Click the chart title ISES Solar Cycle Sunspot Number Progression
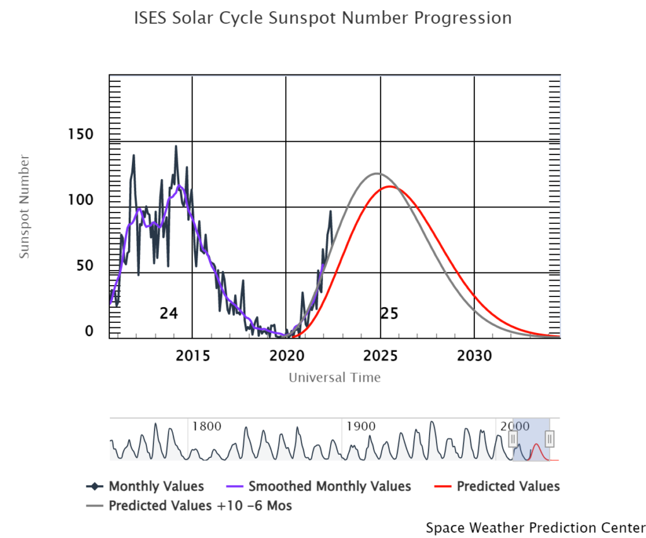pyautogui.click(x=322, y=18)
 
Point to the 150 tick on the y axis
pyautogui.click(x=81, y=134)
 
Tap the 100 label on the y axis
pyautogui.click(x=81, y=200)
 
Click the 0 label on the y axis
pyautogui.click(x=89, y=331)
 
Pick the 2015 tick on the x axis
pyautogui.click(x=192, y=356)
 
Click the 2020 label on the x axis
pyautogui.click(x=286, y=356)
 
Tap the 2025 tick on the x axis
pyautogui.click(x=380, y=356)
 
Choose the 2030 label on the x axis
pyautogui.click(x=474, y=356)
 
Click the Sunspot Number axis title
pyautogui.click(x=24, y=206)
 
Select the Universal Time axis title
pyautogui.click(x=334, y=378)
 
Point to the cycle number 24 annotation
pyautogui.click(x=168, y=313)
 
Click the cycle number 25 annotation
pyautogui.click(x=389, y=313)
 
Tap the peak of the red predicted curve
pyautogui.click(x=390, y=187)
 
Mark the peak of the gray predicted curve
pyautogui.click(x=377, y=173)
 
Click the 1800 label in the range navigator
pyautogui.click(x=206, y=426)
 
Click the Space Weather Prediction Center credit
pyautogui.click(x=536, y=527)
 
